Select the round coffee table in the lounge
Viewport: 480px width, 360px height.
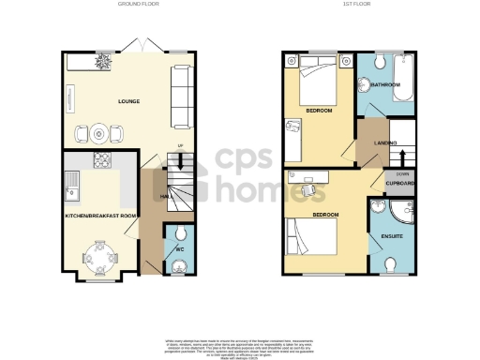click(x=99, y=134)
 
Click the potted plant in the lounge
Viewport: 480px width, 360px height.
click(x=103, y=62)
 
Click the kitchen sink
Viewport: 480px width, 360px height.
click(x=69, y=192)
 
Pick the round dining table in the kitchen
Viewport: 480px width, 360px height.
click(x=99, y=253)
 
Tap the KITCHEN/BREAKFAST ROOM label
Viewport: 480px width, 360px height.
click(x=100, y=217)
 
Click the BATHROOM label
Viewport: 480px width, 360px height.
click(x=384, y=85)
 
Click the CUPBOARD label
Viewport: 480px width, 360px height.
click(x=400, y=184)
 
